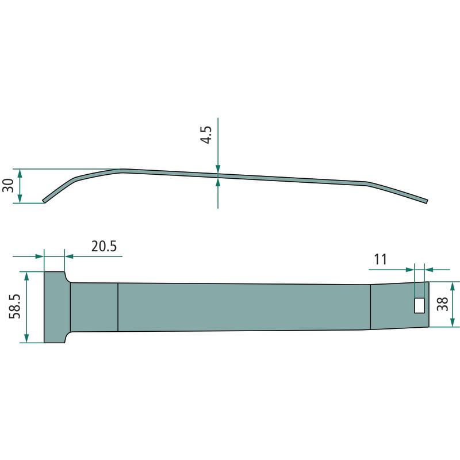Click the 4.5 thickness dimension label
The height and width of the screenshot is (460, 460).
tap(206, 135)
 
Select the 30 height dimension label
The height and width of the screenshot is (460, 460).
tap(8, 185)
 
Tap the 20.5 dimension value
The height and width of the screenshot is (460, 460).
tap(104, 246)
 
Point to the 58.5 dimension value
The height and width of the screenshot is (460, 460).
tap(15, 306)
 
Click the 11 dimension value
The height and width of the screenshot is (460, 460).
tap(381, 259)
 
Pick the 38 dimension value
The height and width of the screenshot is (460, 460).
tap(443, 304)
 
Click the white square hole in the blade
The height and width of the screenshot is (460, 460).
tap(419, 306)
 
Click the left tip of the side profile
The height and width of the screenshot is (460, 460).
tap(44, 201)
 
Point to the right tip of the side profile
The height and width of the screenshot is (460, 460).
tap(427, 201)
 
